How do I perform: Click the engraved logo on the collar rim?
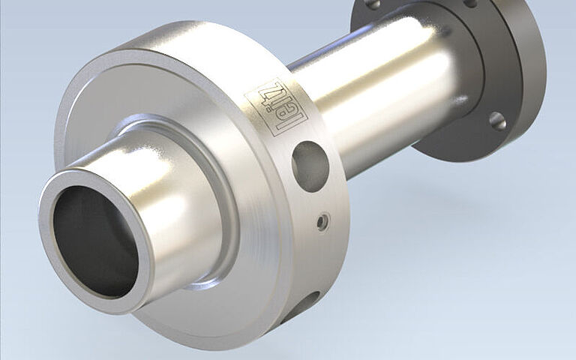[x=275, y=107]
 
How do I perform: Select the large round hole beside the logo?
[x=310, y=166]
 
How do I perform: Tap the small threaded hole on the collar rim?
[x=322, y=221]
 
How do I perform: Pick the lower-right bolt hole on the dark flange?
[x=498, y=121]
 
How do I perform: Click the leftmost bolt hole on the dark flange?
[x=373, y=4]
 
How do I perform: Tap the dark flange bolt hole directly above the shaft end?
[x=470, y=3]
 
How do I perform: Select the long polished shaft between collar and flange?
[x=382, y=95]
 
